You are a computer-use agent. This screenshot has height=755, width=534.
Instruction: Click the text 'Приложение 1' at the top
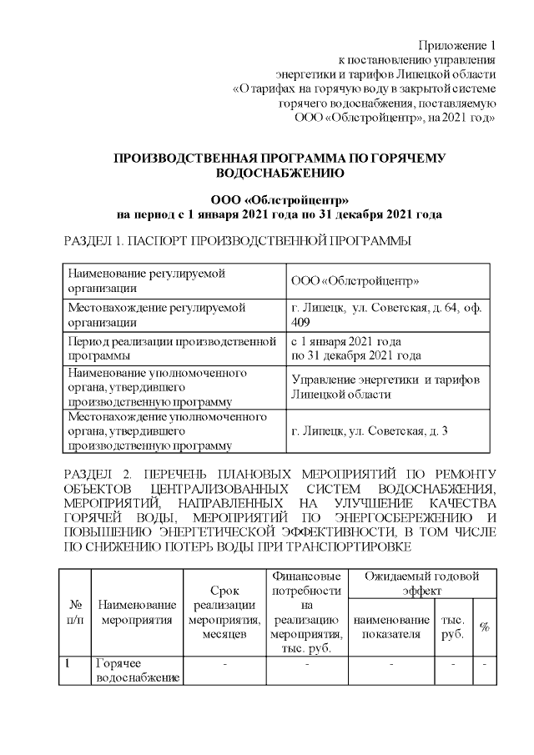pos(457,44)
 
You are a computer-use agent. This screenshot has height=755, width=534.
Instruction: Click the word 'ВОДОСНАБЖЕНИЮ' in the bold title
pos(279,173)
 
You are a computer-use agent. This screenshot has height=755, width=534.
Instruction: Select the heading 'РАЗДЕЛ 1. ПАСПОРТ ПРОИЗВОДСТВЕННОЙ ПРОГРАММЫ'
pos(237,241)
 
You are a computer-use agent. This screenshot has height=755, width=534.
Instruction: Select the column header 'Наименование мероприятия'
pos(136,612)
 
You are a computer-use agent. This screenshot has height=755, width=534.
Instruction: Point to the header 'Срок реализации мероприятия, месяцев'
pos(220,612)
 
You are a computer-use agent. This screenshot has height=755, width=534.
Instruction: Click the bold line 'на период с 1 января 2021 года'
pos(279,214)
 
